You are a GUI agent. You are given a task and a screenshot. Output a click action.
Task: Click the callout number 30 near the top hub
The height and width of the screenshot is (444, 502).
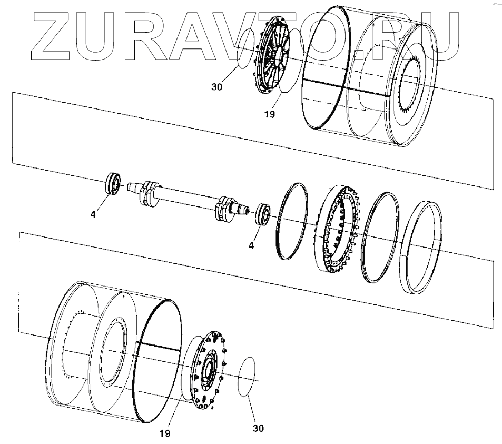[x=217, y=87]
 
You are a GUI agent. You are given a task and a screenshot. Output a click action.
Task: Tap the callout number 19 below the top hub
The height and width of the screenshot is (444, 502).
[x=270, y=113]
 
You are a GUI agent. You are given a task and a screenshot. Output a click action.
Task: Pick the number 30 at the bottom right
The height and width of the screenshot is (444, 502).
[x=258, y=428]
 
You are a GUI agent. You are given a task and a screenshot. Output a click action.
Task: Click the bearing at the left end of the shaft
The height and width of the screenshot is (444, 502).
[x=112, y=184]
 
